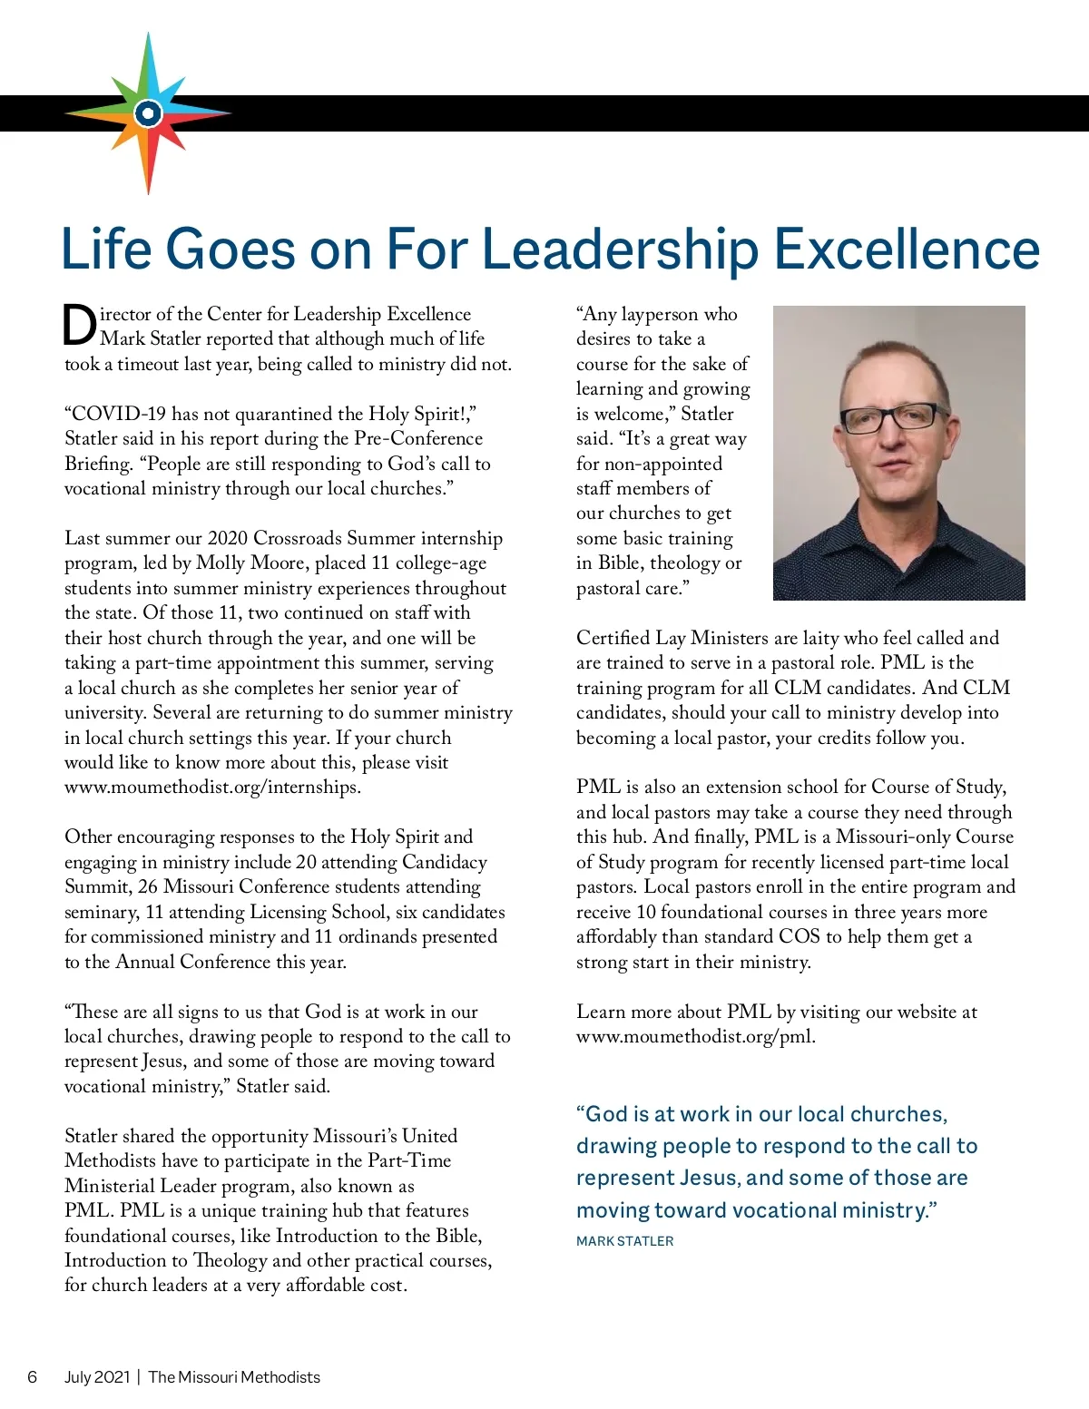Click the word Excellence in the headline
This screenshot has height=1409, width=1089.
pos(907,250)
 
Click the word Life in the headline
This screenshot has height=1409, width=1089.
pos(106,250)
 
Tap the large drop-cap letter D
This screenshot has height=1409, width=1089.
pos(80,326)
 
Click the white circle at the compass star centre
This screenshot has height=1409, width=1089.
pos(148,114)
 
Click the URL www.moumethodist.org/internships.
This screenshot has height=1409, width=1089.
pos(212,788)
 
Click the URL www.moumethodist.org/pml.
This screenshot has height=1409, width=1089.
pos(695,1036)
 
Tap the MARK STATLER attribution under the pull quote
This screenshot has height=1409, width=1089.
pos(624,1241)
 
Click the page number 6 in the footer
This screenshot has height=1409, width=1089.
pos(33,1377)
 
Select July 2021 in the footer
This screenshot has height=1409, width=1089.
pos(97,1377)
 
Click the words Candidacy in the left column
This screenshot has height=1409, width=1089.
pos(445,862)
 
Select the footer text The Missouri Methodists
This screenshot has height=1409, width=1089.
pos(234,1377)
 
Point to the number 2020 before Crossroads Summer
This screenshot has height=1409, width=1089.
pos(228,539)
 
